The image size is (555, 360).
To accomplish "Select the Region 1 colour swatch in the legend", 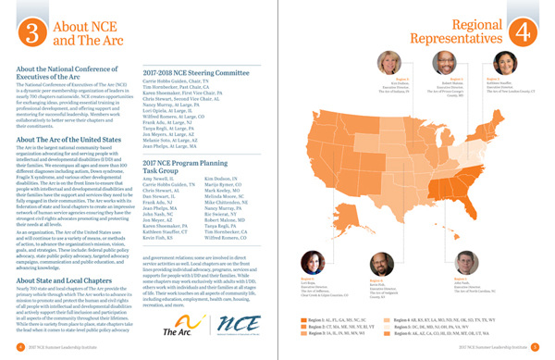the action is click(x=306, y=318).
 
